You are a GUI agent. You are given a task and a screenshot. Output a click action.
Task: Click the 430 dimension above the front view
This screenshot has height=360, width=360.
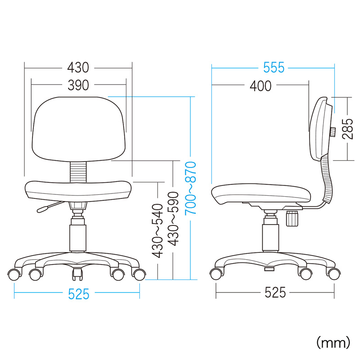click(x=78, y=68)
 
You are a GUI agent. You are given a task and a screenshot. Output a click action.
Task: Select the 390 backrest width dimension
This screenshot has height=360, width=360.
click(x=78, y=85)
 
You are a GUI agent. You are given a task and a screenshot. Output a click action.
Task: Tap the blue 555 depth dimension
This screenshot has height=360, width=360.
click(x=274, y=67)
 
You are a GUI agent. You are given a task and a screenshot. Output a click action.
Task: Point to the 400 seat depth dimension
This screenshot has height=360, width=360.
click(x=261, y=86)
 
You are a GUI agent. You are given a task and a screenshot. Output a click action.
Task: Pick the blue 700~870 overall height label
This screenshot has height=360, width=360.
click(x=191, y=188)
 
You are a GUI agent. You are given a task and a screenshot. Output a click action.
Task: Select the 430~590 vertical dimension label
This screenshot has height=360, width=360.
click(x=173, y=219)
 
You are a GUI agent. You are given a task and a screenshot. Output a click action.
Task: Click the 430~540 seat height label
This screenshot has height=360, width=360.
click(x=157, y=231)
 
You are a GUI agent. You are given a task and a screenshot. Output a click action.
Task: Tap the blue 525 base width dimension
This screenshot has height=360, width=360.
click(x=78, y=294)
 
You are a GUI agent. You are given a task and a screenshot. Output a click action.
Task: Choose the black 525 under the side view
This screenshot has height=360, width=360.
click(x=275, y=292)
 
